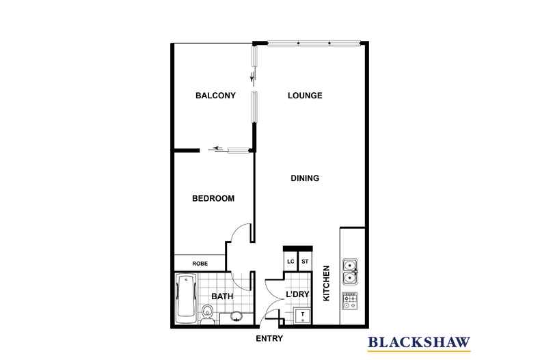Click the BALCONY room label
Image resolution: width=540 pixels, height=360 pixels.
(215, 96)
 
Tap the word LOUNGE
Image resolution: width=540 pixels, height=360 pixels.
(304, 96)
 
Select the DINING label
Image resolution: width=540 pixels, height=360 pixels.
(305, 178)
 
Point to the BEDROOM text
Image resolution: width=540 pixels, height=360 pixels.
(213, 199)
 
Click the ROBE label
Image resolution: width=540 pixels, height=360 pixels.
(200, 263)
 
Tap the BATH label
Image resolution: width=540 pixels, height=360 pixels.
(223, 296)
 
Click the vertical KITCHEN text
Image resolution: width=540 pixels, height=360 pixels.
(327, 283)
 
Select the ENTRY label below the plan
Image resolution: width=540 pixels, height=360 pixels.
(269, 339)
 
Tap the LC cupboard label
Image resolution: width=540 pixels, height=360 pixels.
(291, 262)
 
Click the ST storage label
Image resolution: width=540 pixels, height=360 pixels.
(306, 262)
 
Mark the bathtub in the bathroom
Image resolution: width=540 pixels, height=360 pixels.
(185, 299)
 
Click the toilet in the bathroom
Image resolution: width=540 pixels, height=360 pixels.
(209, 316)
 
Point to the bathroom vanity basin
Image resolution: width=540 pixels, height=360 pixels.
(236, 316)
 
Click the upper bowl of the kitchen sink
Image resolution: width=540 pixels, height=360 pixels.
(350, 264)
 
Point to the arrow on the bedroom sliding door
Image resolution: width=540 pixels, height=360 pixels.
(218, 148)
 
